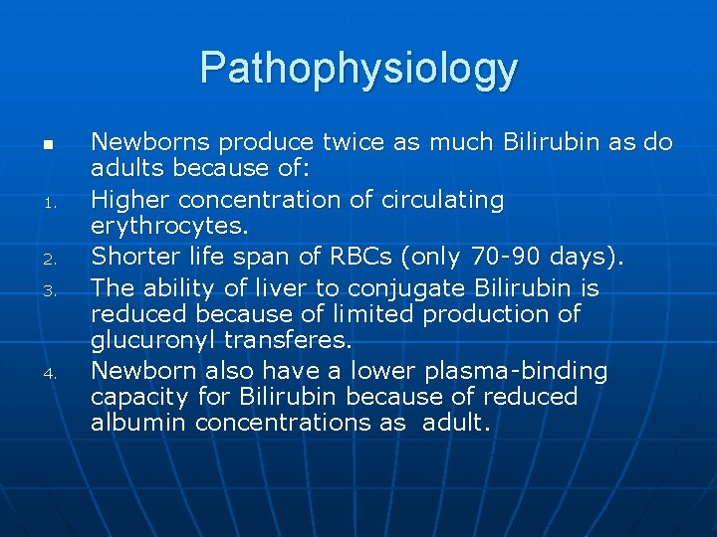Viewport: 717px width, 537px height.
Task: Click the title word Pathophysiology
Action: (358, 69)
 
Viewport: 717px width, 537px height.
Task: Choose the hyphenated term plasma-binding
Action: (516, 371)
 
